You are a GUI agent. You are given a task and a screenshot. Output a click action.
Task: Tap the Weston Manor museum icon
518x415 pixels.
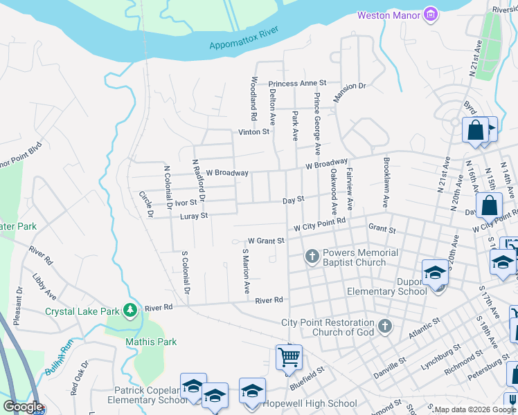pyautogui.click(x=431, y=14)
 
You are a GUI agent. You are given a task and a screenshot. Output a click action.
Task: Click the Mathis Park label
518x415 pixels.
pyautogui.click(x=151, y=342)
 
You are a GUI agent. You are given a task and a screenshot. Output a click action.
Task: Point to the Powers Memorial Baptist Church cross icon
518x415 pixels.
pyautogui.click(x=312, y=257)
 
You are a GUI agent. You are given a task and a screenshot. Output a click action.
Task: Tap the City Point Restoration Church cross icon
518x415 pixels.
pyautogui.click(x=385, y=325)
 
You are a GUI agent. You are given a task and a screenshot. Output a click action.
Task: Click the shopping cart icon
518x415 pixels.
pyautogui.click(x=289, y=358)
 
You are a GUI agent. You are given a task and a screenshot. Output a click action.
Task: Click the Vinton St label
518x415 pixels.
pyautogui.click(x=253, y=131)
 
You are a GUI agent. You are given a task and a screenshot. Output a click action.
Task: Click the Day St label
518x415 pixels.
pyautogui.click(x=294, y=200)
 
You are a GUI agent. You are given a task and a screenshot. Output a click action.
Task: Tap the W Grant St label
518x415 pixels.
pyautogui.click(x=264, y=241)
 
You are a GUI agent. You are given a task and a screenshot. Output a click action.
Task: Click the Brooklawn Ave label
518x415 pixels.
pyautogui.click(x=384, y=182)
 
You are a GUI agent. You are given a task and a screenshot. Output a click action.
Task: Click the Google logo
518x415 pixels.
pyautogui.click(x=23, y=407)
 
